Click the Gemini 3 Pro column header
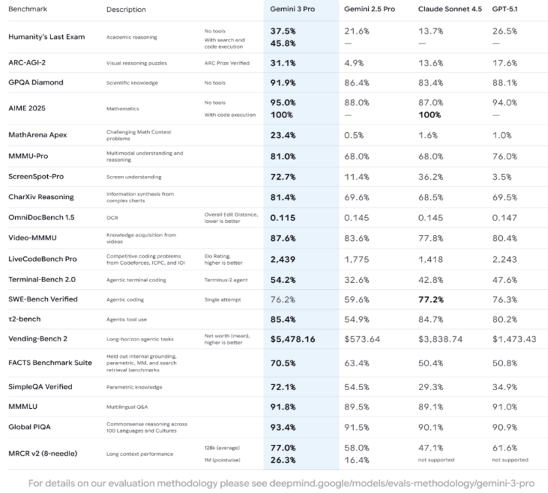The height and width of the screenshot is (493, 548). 292,9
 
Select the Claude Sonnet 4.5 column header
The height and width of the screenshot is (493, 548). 450,9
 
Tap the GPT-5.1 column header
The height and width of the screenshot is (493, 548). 504,9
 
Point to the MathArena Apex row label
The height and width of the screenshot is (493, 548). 38,135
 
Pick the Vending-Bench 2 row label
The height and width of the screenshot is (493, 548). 38,338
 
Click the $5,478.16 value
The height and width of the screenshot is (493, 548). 292,339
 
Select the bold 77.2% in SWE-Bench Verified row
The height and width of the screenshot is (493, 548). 431,299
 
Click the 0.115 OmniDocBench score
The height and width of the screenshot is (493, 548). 283,218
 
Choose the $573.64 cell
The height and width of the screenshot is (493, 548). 362,339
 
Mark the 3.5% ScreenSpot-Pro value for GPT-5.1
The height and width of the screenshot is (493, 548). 501,177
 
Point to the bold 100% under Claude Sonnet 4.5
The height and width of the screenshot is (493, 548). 429,114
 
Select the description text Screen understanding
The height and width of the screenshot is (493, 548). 133,177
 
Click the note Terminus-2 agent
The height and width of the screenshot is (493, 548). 226,280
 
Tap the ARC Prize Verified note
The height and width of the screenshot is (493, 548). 227,63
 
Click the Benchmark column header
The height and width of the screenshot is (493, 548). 27,9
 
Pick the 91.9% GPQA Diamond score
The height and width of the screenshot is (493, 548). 283,82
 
